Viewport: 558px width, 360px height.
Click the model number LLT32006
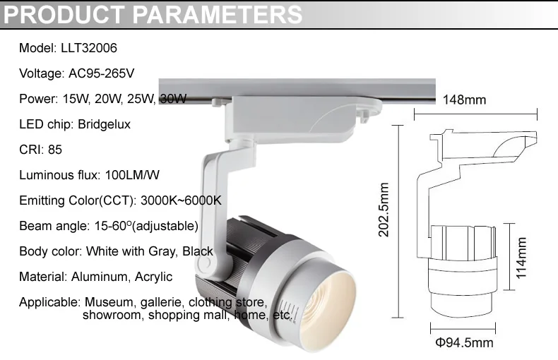pyautogui.click(x=89, y=48)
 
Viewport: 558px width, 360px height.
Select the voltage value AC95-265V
pyautogui.click(x=102, y=73)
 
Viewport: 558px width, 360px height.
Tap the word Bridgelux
pyautogui.click(x=105, y=124)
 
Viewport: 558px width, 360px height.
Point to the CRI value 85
pyautogui.click(x=55, y=150)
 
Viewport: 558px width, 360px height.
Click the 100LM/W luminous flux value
pyautogui.click(x=132, y=175)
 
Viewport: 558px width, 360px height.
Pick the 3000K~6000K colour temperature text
pyautogui.click(x=181, y=200)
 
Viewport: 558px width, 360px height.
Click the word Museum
pyautogui.click(x=109, y=302)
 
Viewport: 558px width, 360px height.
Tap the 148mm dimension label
pyautogui.click(x=464, y=100)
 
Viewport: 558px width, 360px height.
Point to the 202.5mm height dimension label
pyautogui.click(x=384, y=210)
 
